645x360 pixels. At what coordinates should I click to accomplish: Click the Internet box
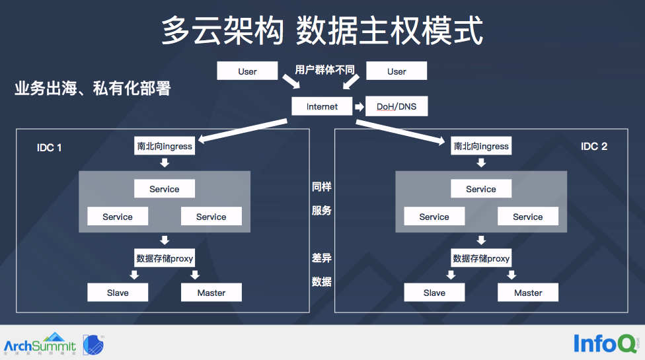coord(322,106)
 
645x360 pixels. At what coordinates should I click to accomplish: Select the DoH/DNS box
coord(397,106)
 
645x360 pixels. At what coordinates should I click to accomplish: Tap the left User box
coord(247,71)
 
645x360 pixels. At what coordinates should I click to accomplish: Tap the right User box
coord(397,71)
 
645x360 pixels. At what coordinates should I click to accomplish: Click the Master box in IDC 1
coord(211,293)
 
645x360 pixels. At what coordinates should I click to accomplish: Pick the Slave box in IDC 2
coord(434,293)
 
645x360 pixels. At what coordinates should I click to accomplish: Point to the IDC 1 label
coord(50,147)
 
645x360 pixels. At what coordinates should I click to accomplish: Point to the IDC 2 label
coord(594,146)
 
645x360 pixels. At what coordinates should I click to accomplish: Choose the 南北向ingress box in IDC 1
coord(164,146)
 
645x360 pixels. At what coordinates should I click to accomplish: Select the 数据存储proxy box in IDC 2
coord(480,258)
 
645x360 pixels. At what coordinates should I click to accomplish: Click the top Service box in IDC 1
coord(164,189)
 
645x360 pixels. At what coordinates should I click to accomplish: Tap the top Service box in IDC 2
coord(480,189)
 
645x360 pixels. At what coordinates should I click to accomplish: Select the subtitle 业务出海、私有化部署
coord(93,89)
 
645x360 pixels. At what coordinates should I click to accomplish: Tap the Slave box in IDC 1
coord(118,293)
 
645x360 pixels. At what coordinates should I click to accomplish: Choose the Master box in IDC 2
coord(528,293)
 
